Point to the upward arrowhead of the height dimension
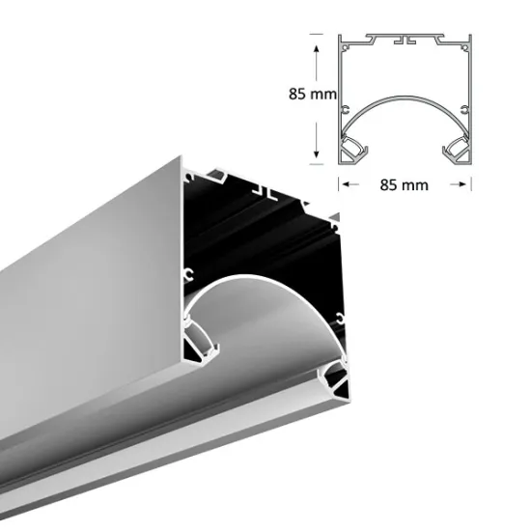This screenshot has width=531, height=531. click(316, 38)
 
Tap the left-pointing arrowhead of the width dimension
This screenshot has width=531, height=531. click(342, 181)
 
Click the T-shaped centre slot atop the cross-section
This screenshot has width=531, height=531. click(409, 42)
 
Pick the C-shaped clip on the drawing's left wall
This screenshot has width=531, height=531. click(344, 105)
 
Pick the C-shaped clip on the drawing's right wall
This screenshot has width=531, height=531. click(466, 105)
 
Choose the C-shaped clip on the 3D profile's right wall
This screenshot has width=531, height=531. click(341, 317)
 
